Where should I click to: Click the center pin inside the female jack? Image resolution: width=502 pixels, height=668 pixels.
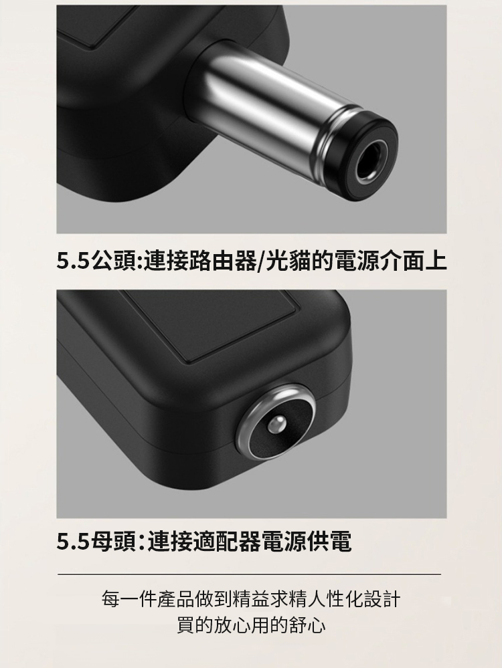[x=277, y=425]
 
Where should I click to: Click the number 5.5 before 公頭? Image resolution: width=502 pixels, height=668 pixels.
[x=73, y=261]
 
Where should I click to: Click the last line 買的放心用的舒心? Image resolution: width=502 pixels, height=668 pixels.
[x=251, y=625]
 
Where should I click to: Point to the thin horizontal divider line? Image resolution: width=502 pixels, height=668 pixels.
[x=249, y=574]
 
